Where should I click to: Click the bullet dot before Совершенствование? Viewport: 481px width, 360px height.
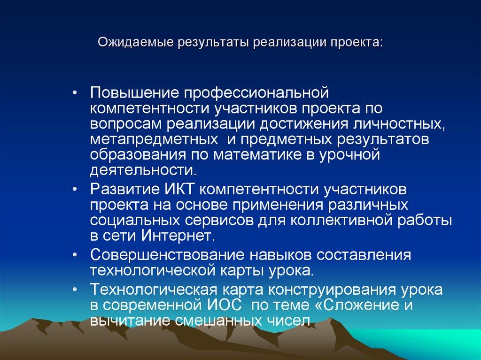pos(77,255)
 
